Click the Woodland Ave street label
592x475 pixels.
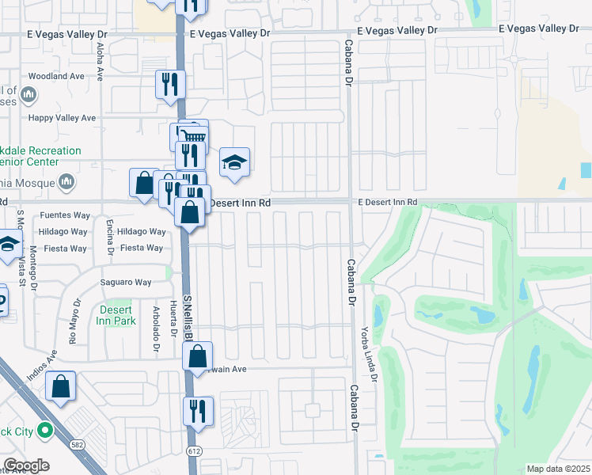(55, 76)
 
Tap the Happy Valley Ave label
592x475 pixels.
(62, 118)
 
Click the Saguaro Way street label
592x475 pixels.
(125, 282)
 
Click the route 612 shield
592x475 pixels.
(192, 450)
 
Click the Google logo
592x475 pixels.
(26, 465)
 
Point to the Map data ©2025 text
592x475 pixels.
(559, 469)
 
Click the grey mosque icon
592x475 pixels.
(66, 180)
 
